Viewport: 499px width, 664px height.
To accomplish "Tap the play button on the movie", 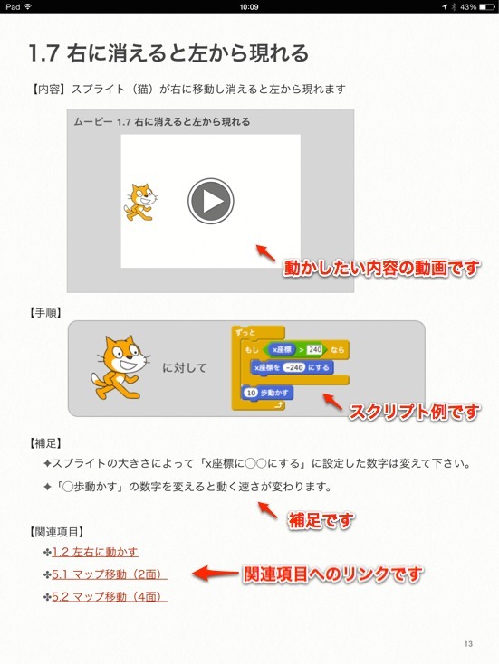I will coord(211,201).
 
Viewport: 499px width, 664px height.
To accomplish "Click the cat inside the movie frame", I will coord(139,202).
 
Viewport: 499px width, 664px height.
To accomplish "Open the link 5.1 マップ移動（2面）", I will coord(109,574).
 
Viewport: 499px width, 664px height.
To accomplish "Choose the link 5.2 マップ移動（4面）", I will coord(109,596).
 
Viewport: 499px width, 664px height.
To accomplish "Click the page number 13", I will coord(467,643).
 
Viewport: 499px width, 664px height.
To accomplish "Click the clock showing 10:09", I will coord(249,6).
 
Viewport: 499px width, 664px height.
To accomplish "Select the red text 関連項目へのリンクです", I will coord(332,574).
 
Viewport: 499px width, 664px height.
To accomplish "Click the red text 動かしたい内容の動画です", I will coord(380,269).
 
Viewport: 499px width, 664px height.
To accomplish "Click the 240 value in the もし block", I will coord(314,349).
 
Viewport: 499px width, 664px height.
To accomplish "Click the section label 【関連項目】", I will coord(52,531).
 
